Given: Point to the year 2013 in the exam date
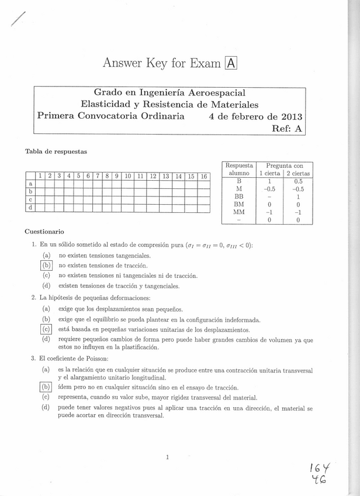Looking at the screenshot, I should coord(288,116).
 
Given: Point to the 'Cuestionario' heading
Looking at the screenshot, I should coord(44,232).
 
